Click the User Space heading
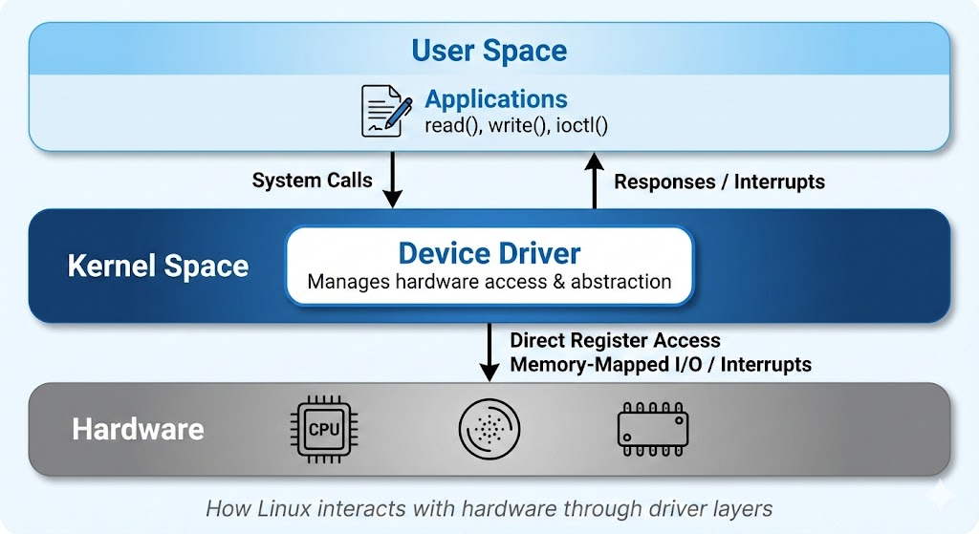489,50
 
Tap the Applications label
495,99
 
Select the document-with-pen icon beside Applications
386,110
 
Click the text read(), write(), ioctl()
516,124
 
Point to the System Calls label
312,180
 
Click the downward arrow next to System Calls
392,181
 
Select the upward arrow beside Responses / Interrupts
595,181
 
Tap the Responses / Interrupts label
719,182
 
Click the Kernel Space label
158,266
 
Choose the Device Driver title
489,253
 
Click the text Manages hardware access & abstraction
489,282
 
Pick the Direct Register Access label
615,340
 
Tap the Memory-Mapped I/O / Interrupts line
661,364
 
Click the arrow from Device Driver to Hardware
489,352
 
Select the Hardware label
138,429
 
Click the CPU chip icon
323,428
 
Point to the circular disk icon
489,428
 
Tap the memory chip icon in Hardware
653,428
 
